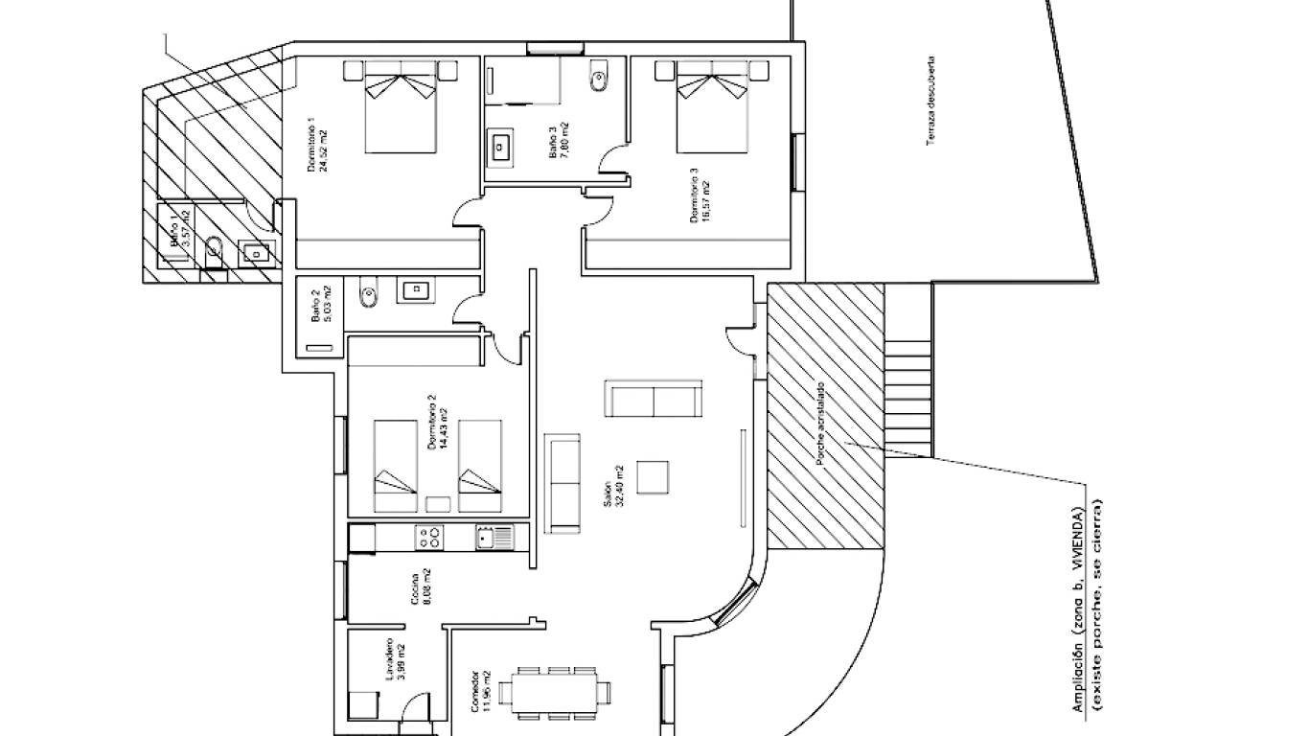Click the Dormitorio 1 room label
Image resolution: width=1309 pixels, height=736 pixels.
(x=317, y=146)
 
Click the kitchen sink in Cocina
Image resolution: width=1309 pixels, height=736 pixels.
(x=494, y=538)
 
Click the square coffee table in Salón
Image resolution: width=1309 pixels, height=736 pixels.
(x=653, y=477)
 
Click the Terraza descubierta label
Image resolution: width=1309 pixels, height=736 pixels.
(x=930, y=100)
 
